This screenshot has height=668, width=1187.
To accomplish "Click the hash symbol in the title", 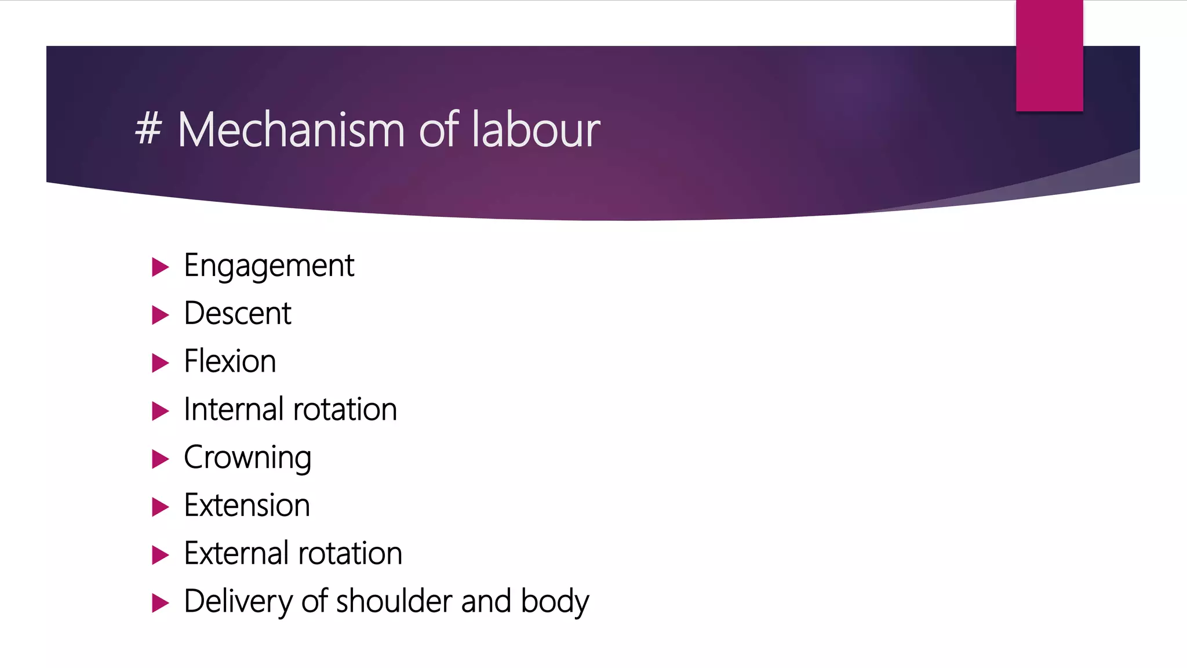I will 148,129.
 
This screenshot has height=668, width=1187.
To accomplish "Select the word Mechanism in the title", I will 291,130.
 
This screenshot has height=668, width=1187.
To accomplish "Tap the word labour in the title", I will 536,130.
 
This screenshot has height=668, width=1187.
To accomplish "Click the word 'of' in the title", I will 439,130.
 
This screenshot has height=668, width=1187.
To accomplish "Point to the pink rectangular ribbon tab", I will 1049,56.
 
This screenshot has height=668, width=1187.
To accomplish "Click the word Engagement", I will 268,267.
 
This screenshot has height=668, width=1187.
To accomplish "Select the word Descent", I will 238,314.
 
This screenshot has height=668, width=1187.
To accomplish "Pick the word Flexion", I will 230,362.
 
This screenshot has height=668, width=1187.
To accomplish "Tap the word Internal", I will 233,409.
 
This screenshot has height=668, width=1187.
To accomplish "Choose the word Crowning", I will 247,458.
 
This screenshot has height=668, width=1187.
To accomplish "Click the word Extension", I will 247,506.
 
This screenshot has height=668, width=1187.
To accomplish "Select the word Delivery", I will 237,602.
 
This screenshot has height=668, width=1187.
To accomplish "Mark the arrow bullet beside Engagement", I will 160,267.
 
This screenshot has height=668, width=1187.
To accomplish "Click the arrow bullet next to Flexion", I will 160,363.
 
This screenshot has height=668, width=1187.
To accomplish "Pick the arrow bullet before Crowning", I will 160,459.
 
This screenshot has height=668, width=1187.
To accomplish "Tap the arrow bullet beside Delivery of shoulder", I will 160,603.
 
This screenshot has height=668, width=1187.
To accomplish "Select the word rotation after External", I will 350,553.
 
